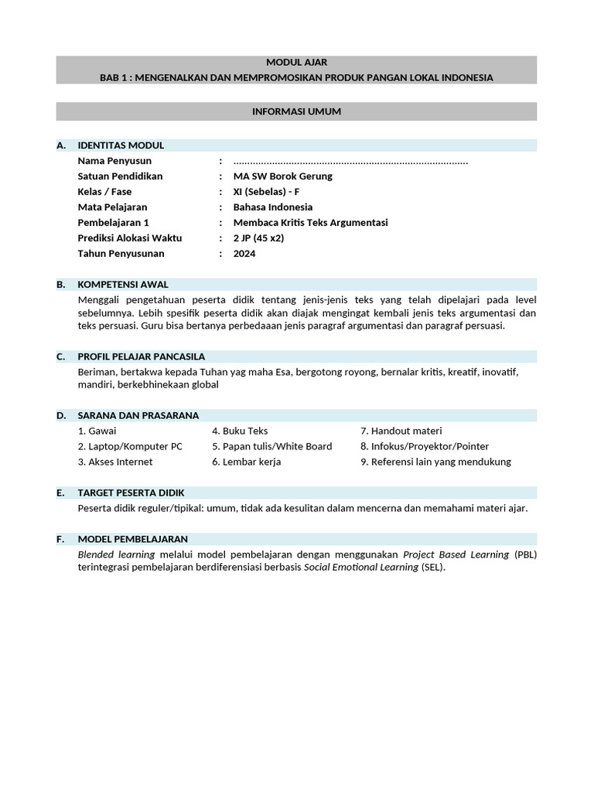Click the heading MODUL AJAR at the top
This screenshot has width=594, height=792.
296,62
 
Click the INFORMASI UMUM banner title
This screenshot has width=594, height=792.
296,112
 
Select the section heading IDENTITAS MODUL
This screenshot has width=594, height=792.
121,145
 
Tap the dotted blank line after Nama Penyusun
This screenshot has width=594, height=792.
350,161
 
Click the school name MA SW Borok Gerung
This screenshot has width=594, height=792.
283,176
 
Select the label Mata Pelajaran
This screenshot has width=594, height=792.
112,207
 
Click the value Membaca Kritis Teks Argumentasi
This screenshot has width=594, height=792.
311,223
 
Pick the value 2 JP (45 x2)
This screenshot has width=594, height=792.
259,238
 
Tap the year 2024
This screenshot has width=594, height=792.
244,254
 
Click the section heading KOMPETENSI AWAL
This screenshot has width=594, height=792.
123,285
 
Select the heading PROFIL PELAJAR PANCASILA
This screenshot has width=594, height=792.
142,357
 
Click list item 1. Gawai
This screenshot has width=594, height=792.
97,431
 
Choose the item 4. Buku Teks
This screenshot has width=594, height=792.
240,431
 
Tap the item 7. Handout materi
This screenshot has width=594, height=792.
401,431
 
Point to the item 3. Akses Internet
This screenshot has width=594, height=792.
115,462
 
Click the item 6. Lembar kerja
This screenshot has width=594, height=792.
246,462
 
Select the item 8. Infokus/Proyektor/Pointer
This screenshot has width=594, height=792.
425,446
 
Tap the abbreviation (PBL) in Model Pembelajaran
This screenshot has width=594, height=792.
525,555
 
